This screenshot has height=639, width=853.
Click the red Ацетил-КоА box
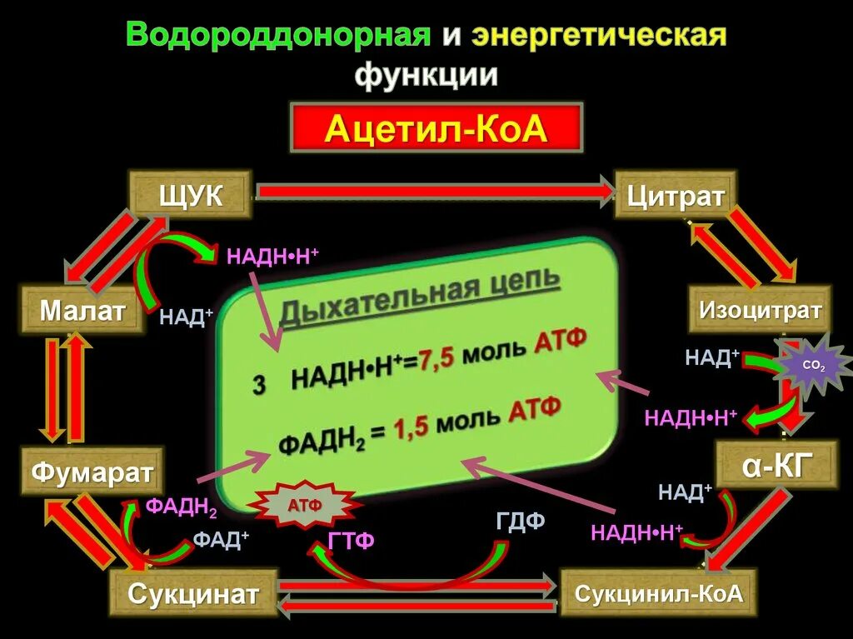point(436,128)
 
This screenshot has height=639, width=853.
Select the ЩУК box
point(190,195)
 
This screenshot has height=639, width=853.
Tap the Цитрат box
point(676,195)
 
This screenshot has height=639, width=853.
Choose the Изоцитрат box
point(760,311)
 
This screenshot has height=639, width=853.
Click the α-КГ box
point(776,465)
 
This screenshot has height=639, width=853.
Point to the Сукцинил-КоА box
point(658,593)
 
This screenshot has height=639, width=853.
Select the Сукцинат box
point(193,593)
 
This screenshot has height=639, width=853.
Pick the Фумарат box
point(93,472)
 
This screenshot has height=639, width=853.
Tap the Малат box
point(82,311)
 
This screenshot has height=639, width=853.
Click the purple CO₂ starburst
point(812,366)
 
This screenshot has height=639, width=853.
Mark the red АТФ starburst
point(305,506)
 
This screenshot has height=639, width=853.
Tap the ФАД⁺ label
point(222,539)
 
